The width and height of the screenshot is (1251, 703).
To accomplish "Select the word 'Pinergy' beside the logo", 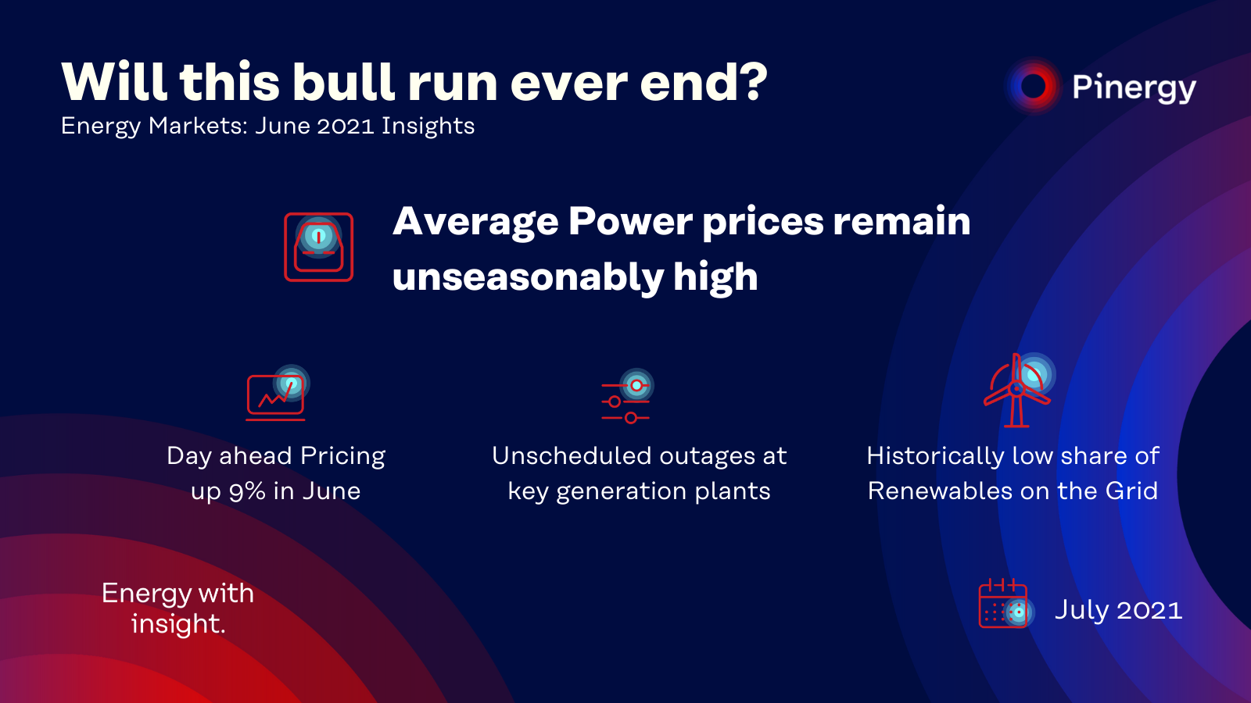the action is click(1134, 88).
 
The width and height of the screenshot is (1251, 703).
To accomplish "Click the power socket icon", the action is click(319, 247).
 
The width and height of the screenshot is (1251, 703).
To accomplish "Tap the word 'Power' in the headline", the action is click(630, 222).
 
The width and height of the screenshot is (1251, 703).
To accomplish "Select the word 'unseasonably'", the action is click(527, 278).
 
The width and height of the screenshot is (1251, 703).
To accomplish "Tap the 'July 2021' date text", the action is click(1118, 610).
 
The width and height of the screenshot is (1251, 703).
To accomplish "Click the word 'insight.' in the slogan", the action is click(178, 624).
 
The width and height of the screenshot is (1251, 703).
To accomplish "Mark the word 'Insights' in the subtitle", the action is click(428, 127).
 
